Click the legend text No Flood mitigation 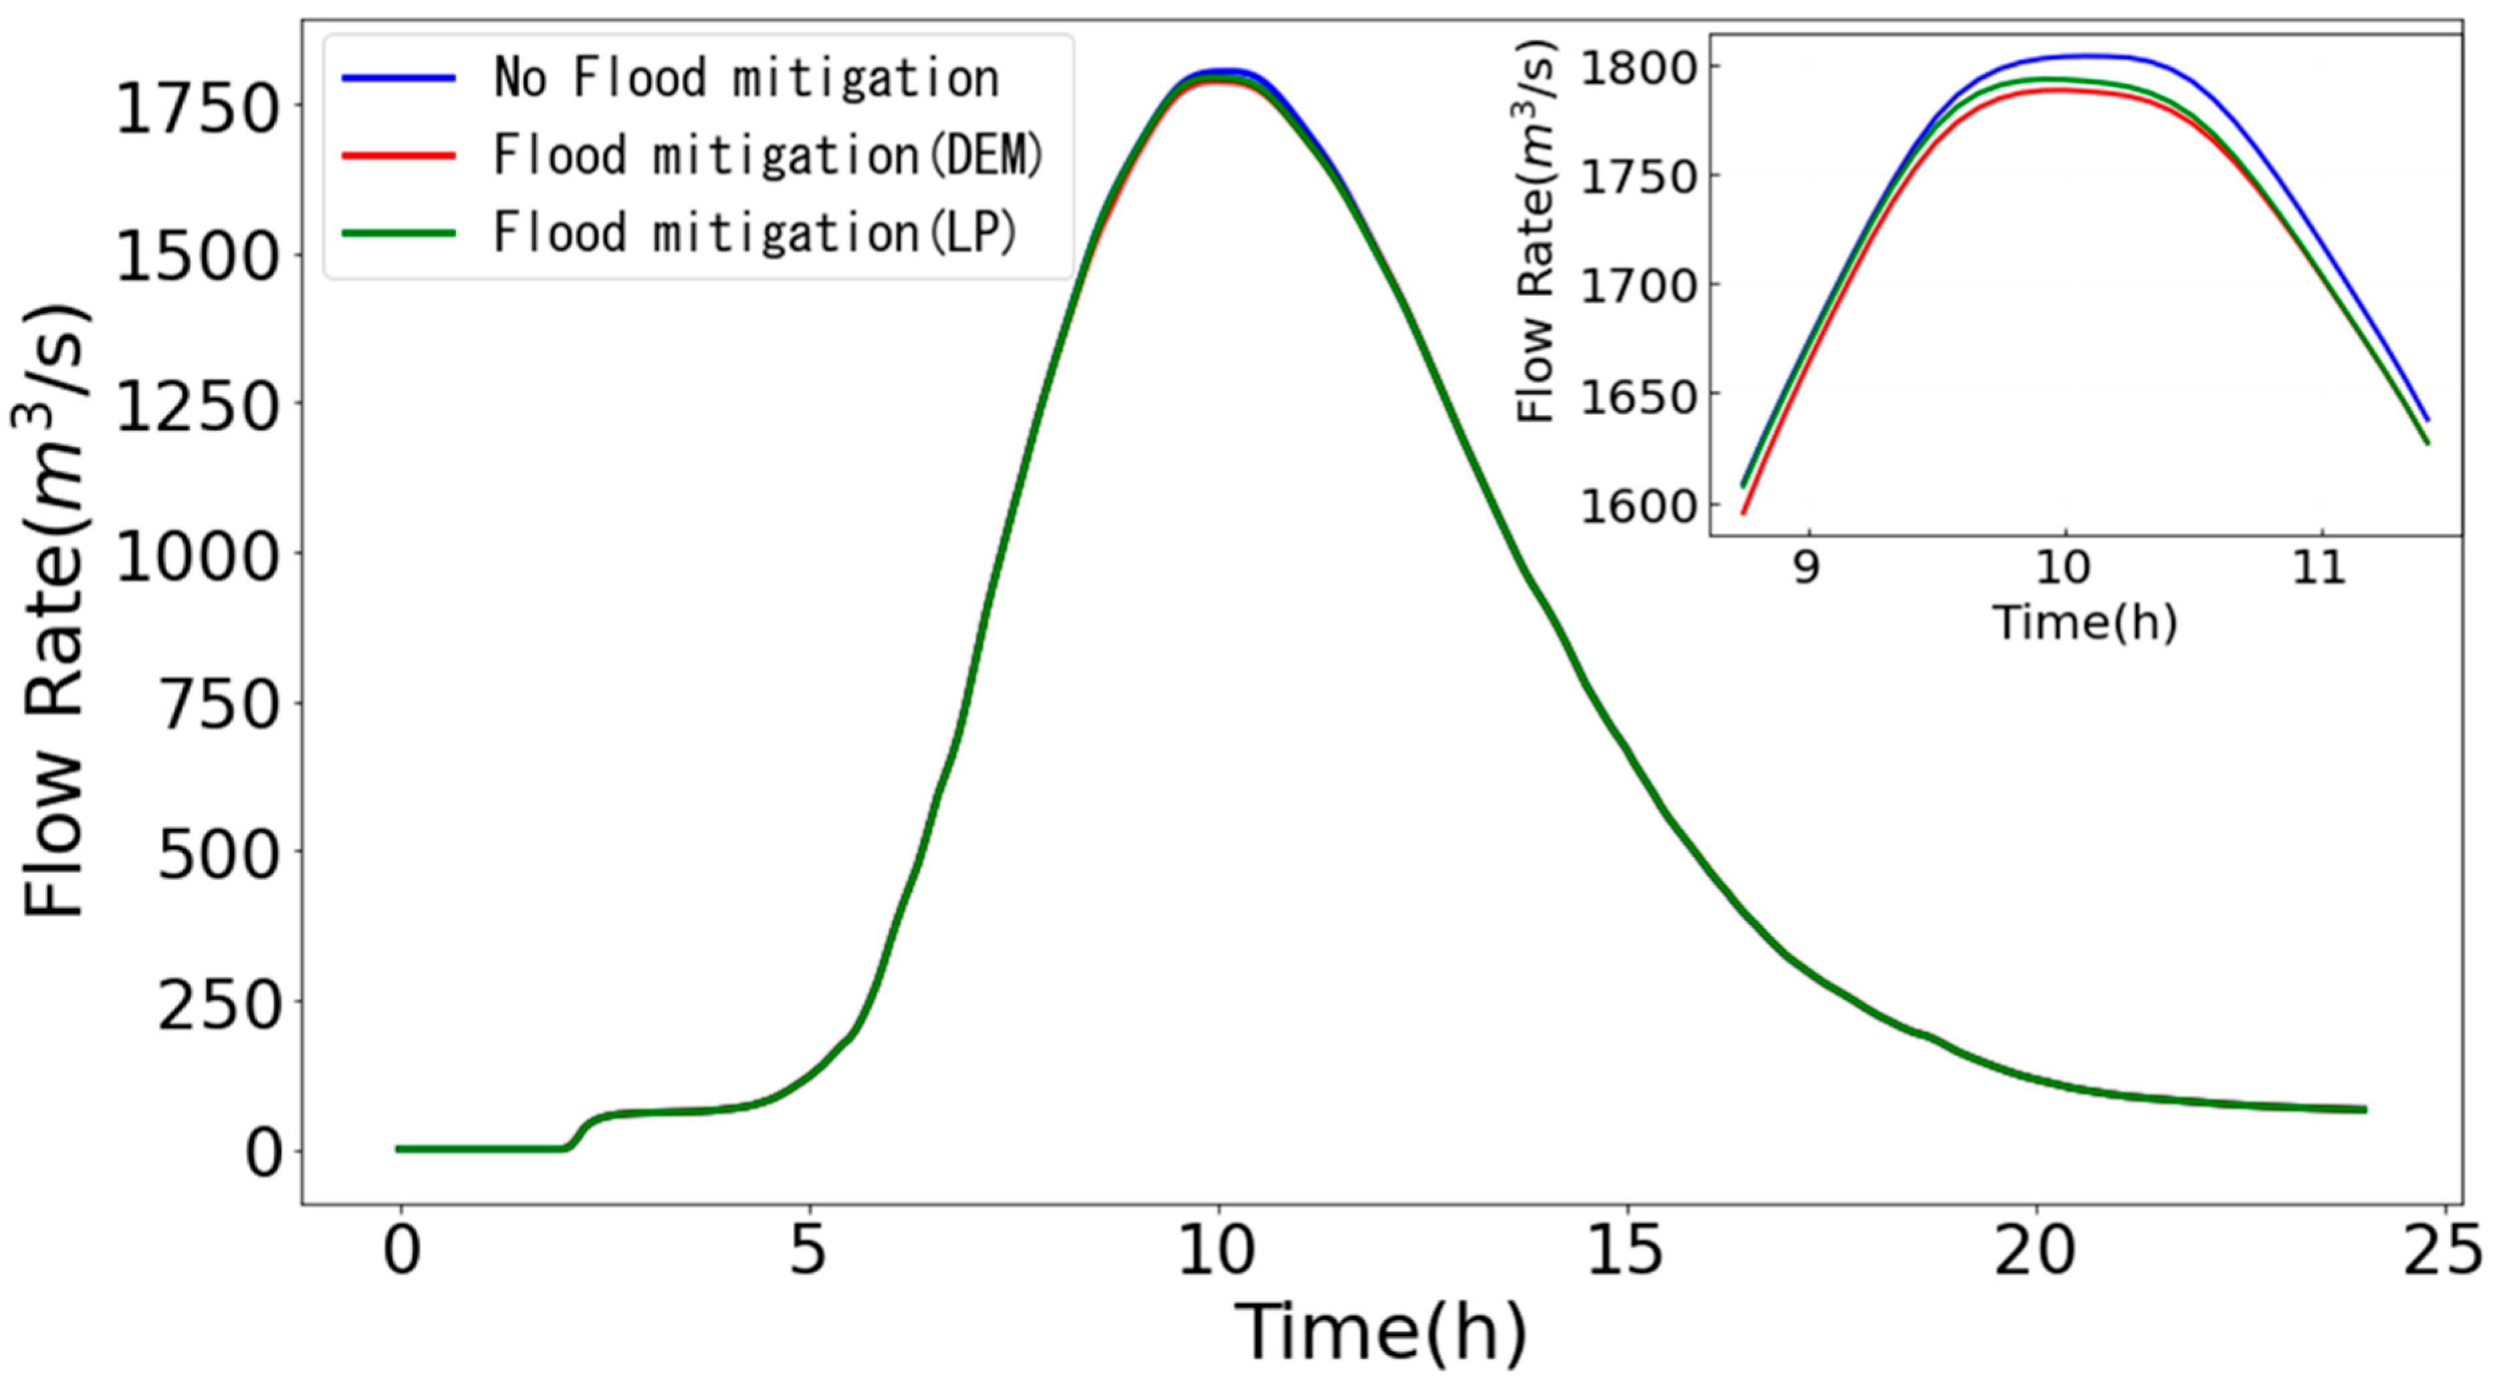click(x=746, y=78)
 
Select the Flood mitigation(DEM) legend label click(x=768, y=155)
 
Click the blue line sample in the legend click(x=398, y=78)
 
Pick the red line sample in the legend click(x=398, y=155)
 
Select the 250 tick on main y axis click(x=219, y=1003)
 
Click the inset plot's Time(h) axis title click(x=2084, y=622)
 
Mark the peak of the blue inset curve click(x=2091, y=55)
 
